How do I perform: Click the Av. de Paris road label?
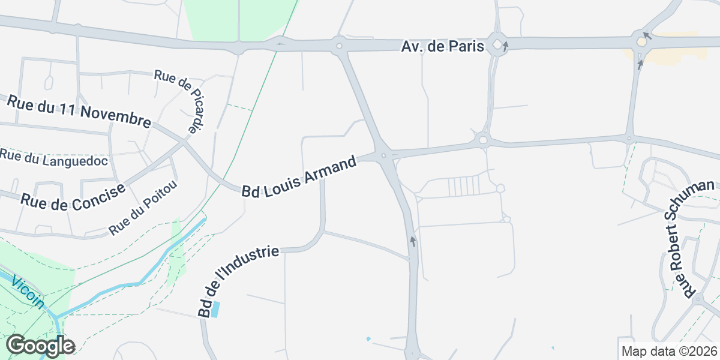pos(442,46)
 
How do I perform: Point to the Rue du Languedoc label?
pos(53,157)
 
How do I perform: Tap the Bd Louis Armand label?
pos(299,176)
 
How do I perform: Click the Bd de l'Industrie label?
pos(239,280)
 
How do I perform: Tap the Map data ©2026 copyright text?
pos(668,352)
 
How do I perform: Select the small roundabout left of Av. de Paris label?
pos(340,45)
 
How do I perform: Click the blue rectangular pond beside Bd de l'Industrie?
pos(215,310)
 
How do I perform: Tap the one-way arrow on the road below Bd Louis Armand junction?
pos(413,242)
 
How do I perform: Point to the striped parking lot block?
pos(464,187)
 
